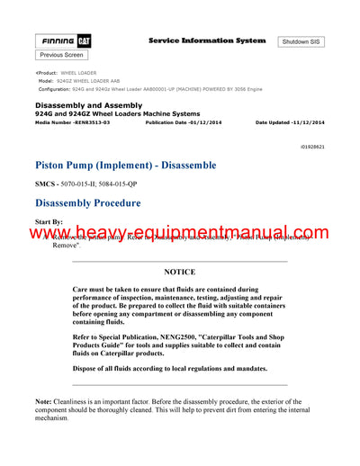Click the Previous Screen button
point(61,55)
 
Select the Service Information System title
point(206,40)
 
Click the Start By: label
point(49,220)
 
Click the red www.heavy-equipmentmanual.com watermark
point(180,235)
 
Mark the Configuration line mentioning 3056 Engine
point(149,88)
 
